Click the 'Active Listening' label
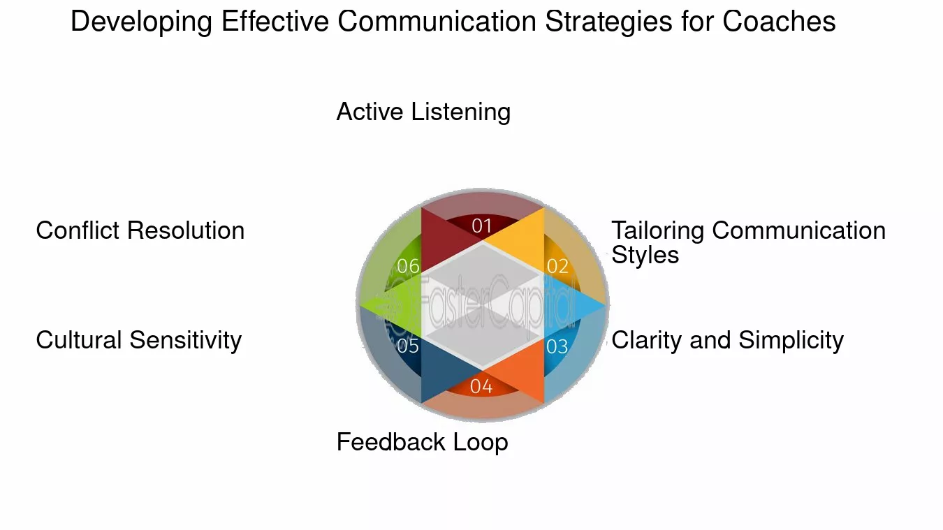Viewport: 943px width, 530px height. (423, 112)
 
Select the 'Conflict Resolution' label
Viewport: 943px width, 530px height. (140, 230)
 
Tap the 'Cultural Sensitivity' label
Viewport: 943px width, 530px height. (139, 340)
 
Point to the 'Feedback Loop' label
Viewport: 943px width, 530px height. (422, 442)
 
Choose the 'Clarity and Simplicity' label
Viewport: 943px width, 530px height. (727, 340)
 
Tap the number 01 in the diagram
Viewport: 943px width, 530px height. (482, 226)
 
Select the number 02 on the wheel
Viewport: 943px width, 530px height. (557, 266)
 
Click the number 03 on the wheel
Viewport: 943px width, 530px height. (557, 346)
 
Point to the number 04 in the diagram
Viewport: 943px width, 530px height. (481, 386)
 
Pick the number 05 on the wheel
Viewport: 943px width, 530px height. (408, 346)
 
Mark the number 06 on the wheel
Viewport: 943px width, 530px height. (408, 266)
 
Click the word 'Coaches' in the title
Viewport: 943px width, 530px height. (779, 22)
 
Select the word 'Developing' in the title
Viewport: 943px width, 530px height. (142, 22)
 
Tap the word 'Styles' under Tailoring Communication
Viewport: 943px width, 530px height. (645, 255)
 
